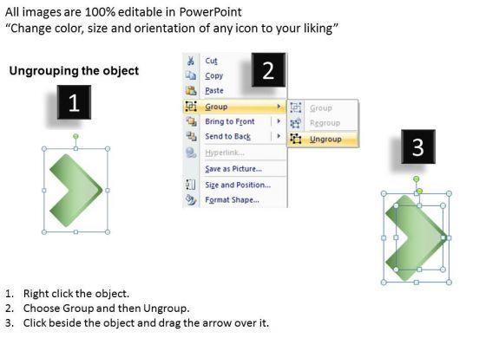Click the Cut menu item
[x=211, y=61]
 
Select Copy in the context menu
[x=213, y=76]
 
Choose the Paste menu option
[x=214, y=91]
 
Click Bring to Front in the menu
[x=230, y=121]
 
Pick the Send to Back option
[x=227, y=136]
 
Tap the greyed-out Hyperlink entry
[x=225, y=153]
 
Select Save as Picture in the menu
[x=233, y=169]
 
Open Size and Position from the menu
[x=238, y=185]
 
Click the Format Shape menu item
[x=232, y=200]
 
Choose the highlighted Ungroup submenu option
[x=325, y=140]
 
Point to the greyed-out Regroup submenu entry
[x=325, y=123]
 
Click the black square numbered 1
[x=74, y=102]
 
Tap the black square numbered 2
[x=268, y=70]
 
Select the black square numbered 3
[x=418, y=146]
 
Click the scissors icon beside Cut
[x=191, y=61]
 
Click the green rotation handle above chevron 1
[x=76, y=136]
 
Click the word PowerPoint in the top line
[x=210, y=12]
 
